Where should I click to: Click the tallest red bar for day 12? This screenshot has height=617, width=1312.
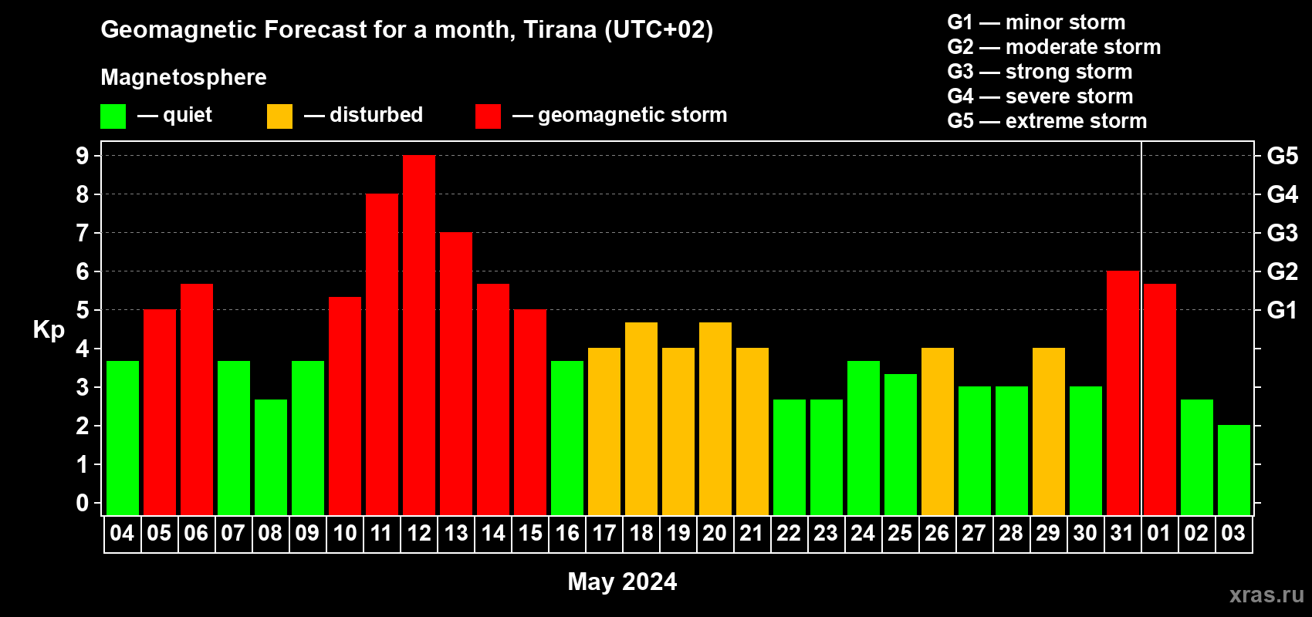point(419,335)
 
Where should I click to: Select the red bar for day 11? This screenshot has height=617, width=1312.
point(382,354)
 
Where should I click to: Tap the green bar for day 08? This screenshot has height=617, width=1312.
point(271,457)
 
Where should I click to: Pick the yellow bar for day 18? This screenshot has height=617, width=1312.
point(641,419)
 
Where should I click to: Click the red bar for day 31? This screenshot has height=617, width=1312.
point(1123,393)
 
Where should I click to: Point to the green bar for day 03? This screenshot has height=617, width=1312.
point(1234,470)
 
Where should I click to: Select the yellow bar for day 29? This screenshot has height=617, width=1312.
point(1048,431)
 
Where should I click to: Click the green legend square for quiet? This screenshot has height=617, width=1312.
point(113,116)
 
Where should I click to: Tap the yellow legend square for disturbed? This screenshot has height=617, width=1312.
point(279,116)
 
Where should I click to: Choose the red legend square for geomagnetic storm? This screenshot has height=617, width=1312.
point(488,116)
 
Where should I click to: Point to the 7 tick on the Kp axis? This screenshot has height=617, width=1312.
point(83,233)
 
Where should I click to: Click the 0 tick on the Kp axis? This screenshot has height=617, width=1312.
point(83,503)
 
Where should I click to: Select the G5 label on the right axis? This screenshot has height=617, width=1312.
point(1283,156)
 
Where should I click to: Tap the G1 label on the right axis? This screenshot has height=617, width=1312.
point(1282,310)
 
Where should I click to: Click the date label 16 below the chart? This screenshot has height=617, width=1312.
point(567,533)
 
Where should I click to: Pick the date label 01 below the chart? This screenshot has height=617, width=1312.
point(1159,533)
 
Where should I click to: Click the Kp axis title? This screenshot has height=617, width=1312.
point(49,330)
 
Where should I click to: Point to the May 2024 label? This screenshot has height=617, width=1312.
point(622,582)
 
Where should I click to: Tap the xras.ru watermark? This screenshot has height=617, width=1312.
point(1267,595)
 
